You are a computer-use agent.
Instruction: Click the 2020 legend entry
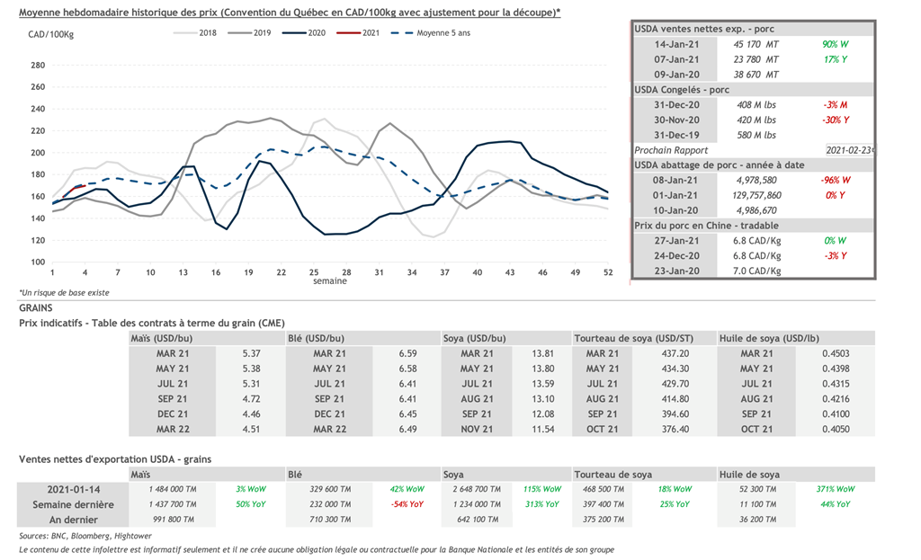click(309, 33)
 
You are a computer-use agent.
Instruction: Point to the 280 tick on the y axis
click(38, 66)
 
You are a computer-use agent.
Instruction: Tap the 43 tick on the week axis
click(510, 271)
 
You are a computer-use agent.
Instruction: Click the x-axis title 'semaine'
click(330, 281)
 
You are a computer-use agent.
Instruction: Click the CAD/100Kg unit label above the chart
click(50, 34)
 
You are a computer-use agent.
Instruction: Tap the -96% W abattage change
click(836, 180)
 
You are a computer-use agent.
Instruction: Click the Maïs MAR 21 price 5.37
click(251, 354)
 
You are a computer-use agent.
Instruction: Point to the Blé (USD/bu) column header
click(316, 339)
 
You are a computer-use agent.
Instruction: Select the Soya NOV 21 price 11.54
click(538, 430)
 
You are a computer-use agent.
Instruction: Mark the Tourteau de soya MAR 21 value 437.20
click(674, 354)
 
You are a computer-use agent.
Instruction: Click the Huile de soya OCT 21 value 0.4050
click(836, 430)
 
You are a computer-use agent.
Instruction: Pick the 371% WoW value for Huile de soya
click(836, 489)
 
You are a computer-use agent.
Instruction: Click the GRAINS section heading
click(36, 307)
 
